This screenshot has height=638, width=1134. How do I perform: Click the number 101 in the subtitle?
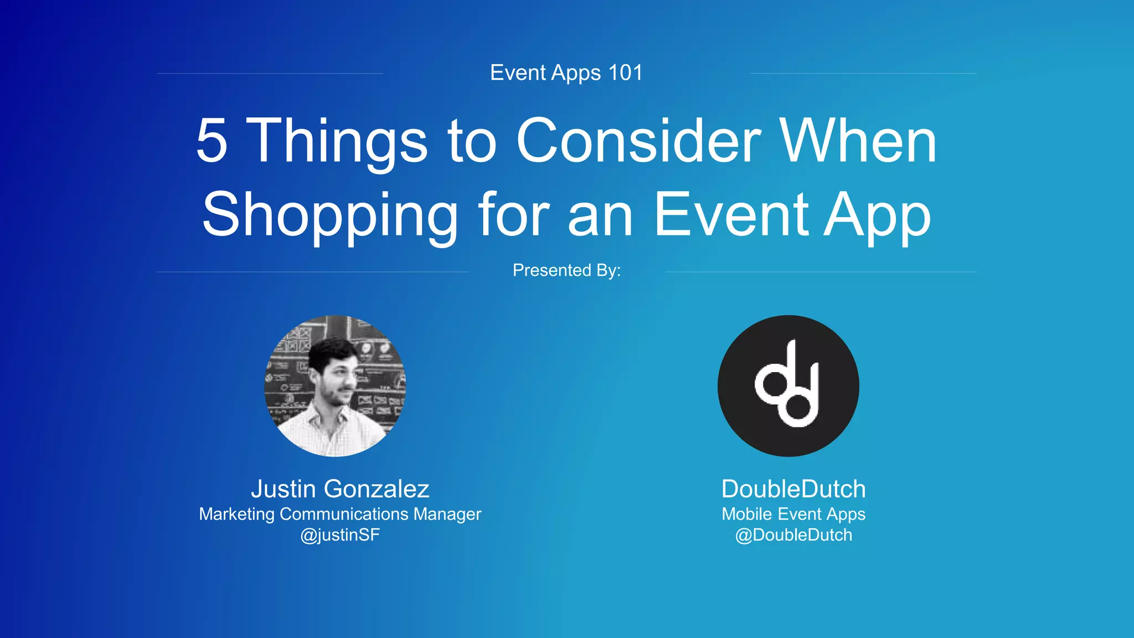click(625, 73)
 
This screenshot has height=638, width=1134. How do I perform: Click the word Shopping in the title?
click(330, 215)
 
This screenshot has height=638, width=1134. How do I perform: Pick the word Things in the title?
click(339, 142)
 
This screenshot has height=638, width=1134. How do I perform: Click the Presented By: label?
click(566, 270)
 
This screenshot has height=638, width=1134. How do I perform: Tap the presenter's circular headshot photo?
click(335, 386)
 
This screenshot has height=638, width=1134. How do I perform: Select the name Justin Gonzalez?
click(340, 489)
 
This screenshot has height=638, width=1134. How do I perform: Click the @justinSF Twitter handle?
click(340, 535)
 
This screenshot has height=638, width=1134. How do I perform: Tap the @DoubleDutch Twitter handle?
click(793, 535)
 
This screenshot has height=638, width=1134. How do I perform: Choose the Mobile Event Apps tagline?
click(793, 514)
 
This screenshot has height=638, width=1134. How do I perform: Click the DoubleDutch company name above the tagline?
click(793, 489)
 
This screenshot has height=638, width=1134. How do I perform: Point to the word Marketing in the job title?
click(236, 514)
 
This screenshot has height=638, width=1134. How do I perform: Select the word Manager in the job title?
click(447, 514)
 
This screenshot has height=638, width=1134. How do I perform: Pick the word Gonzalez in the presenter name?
click(377, 489)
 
